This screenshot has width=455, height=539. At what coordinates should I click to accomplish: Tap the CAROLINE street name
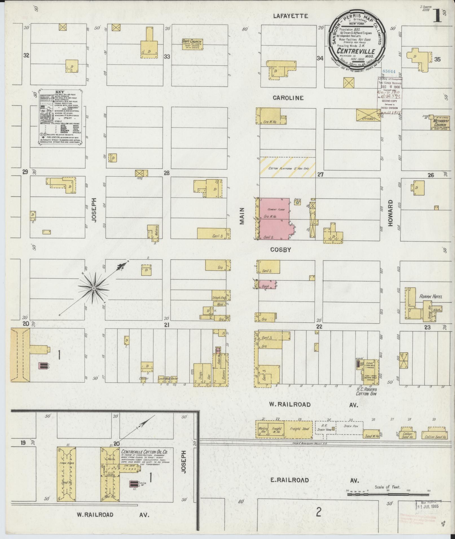pyautogui.click(x=288, y=98)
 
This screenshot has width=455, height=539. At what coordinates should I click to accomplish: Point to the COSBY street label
pyautogui.click(x=280, y=250)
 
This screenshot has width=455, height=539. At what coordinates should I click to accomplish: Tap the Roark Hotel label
pyautogui.click(x=430, y=296)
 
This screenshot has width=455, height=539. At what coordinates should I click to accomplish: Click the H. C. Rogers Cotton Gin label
pyautogui.click(x=366, y=391)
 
